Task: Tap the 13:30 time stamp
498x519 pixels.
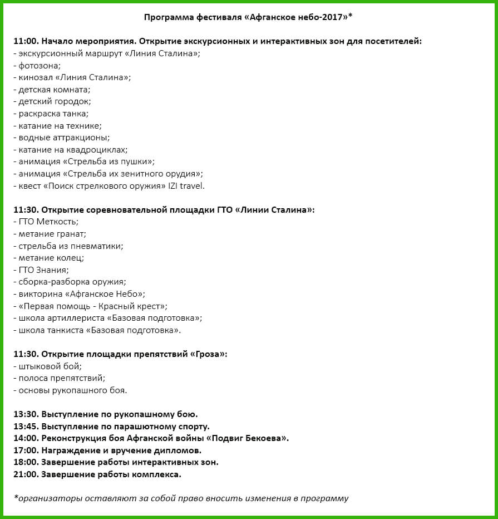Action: (x=25, y=414)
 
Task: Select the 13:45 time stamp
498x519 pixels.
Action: (x=25, y=426)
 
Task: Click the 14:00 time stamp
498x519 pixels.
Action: (x=25, y=438)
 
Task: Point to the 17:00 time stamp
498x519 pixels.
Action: (x=25, y=450)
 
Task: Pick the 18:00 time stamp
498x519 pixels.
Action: (x=25, y=462)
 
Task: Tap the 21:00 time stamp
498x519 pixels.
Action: (x=25, y=474)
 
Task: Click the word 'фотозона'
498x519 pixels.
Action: (x=39, y=65)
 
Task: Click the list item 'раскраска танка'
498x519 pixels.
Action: (x=53, y=114)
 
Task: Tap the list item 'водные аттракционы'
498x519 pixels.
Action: (x=64, y=138)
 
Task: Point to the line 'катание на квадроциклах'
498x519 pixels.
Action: (x=73, y=150)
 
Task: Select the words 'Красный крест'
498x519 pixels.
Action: (x=136, y=306)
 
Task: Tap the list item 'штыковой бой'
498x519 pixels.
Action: (x=50, y=366)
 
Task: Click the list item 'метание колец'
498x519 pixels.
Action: (x=51, y=258)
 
